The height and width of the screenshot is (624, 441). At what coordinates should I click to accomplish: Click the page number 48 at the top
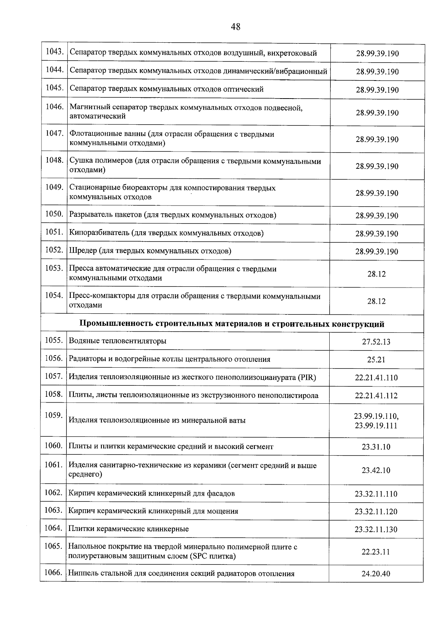coord(236,27)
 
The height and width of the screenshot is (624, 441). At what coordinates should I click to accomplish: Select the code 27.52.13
coord(376,342)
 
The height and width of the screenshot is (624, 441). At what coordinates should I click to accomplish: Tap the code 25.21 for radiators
coord(376,360)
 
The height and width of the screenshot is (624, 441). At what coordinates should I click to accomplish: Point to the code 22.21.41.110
coord(376,378)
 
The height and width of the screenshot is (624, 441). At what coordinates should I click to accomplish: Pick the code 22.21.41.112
coord(376,396)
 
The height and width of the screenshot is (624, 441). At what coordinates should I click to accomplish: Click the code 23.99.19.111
coord(376,426)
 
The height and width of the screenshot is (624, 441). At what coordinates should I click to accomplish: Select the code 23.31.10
coord(376,447)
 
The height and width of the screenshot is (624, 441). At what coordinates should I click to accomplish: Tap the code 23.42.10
coord(376,470)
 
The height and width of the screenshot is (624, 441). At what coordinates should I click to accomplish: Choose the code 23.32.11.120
coord(376,512)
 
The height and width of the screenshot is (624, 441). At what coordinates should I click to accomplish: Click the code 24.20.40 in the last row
coord(376,574)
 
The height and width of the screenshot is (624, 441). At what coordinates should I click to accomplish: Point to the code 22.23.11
coord(376,552)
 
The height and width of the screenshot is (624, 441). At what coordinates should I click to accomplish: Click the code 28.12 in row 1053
coord(376,274)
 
